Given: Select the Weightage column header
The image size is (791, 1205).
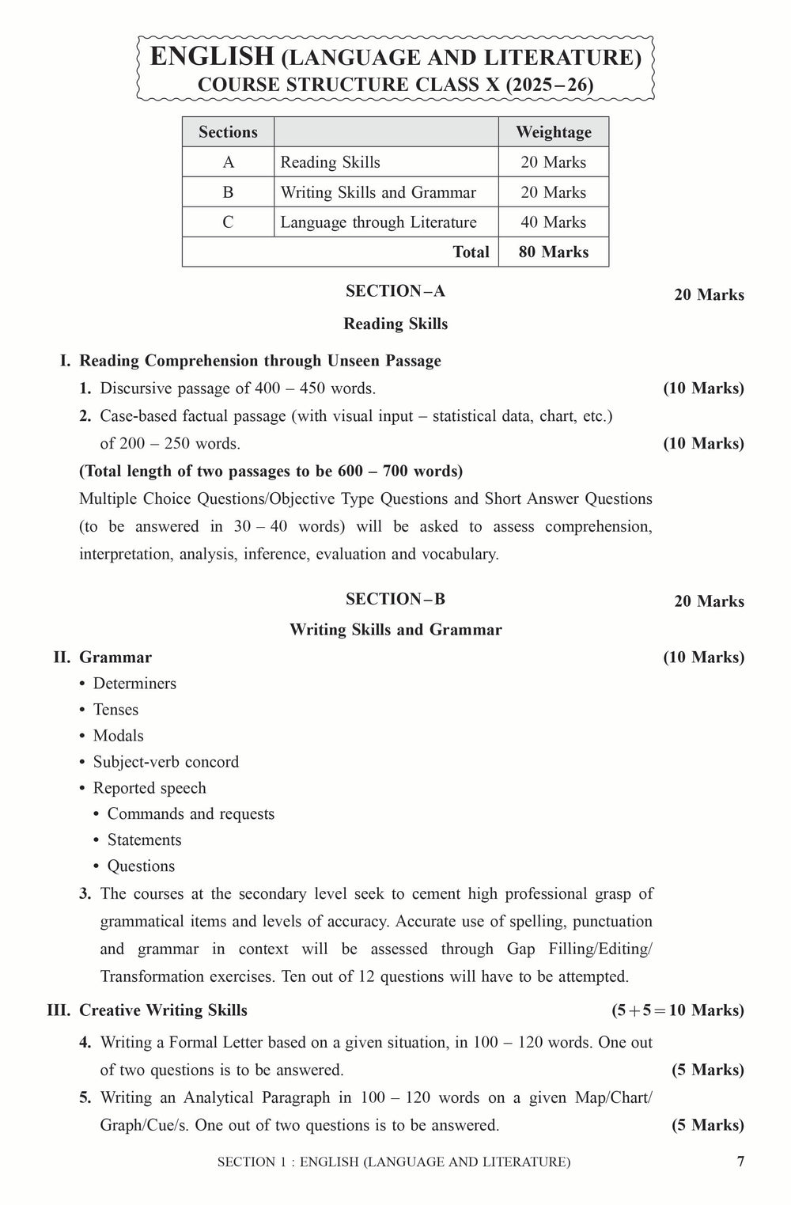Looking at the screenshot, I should [553, 132].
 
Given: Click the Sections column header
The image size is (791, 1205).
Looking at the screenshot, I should [228, 132].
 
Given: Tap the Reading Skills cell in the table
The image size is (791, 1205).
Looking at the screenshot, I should [330, 162].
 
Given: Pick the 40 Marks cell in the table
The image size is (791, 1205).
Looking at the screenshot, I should [553, 222].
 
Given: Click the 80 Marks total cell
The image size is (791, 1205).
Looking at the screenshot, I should [553, 252].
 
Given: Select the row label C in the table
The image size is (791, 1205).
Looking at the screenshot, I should [228, 222].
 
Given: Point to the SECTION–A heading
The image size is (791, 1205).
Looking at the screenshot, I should [395, 291].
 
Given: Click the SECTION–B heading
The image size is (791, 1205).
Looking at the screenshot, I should [395, 599].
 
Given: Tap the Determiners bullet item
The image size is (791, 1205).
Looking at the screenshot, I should [134, 684].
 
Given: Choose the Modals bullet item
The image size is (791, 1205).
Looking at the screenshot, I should [118, 736].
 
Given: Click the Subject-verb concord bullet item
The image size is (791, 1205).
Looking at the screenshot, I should [165, 762].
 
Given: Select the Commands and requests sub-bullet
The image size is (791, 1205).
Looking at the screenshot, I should [191, 814].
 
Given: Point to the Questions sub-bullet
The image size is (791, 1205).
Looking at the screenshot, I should [141, 866].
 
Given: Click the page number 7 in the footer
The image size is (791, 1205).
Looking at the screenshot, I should [740, 1161].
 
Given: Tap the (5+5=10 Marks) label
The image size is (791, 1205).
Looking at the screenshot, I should [677, 1010].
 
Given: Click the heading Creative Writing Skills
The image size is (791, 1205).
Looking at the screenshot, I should [164, 1010].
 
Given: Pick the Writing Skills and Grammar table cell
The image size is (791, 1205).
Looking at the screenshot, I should [378, 192].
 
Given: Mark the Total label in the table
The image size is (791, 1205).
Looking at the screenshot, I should [471, 252].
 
